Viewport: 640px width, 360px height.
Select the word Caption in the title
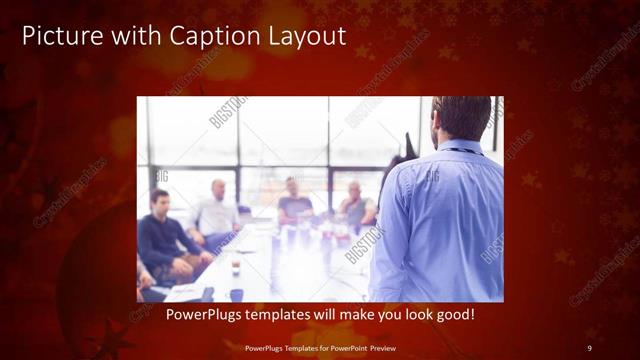215,38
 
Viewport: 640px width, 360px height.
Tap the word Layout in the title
303,38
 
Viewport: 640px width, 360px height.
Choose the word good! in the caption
453,315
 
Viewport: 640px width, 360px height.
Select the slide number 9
589,347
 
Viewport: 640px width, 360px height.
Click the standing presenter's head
463,119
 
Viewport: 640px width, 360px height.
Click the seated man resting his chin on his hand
356,205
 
